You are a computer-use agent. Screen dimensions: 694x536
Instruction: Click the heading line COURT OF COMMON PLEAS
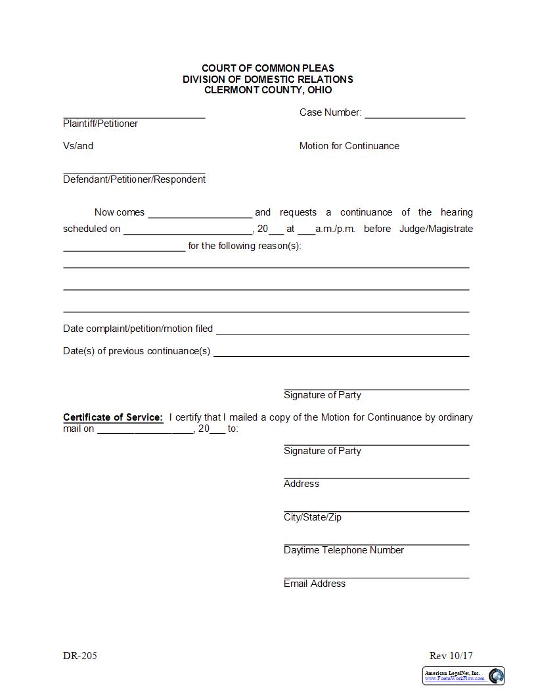point(267,68)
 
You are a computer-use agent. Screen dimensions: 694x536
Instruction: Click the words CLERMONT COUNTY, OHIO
point(268,90)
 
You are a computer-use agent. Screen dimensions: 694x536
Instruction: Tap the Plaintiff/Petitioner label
point(100,124)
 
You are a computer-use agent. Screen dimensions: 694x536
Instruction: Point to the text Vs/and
point(78,146)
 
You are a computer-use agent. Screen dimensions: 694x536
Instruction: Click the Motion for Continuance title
point(349,146)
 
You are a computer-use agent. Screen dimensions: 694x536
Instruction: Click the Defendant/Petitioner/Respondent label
point(134,179)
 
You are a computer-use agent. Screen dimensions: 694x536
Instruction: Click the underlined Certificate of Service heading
point(112,417)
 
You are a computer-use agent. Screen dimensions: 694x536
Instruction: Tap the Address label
point(301,484)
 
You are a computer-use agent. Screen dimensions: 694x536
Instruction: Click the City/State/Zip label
point(313,517)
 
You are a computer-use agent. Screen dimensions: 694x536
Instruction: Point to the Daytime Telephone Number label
point(344,550)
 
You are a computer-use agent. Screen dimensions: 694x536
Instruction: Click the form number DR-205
point(80,656)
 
